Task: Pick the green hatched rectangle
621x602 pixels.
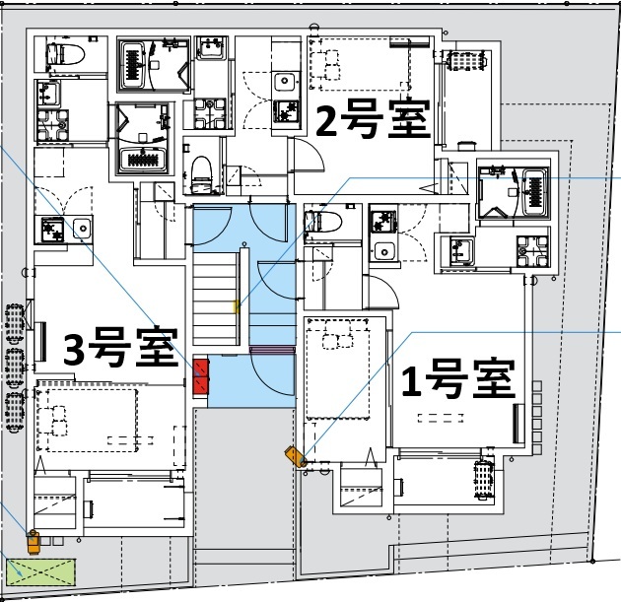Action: point(41,572)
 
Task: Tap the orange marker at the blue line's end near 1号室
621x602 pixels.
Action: point(295,455)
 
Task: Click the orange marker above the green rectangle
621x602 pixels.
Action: point(34,540)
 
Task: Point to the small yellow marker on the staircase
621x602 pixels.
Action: point(235,307)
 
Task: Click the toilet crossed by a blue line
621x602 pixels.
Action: point(321,219)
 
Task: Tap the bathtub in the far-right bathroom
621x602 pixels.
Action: point(535,189)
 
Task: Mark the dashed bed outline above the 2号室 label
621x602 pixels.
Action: point(361,61)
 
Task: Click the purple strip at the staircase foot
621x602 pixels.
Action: point(273,349)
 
